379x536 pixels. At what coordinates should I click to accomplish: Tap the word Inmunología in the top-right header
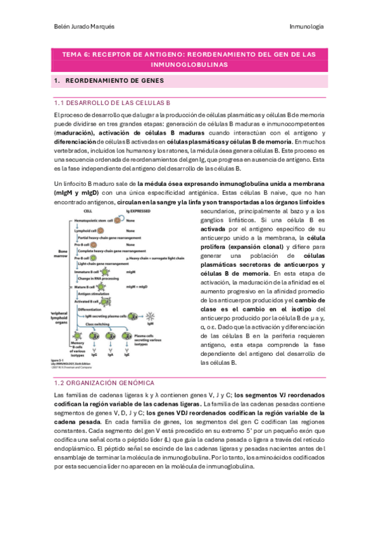[306, 26]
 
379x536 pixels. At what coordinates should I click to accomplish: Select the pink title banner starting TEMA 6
[189, 59]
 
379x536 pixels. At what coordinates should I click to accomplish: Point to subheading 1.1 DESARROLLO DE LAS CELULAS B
[113, 102]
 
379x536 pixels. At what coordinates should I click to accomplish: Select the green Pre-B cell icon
[93, 258]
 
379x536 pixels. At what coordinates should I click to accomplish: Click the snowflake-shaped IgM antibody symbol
[151, 315]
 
